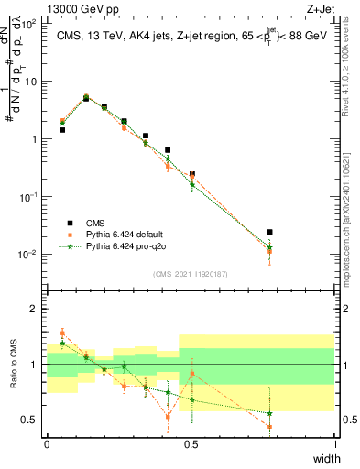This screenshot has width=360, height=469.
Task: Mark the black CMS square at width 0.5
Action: point(191,174)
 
